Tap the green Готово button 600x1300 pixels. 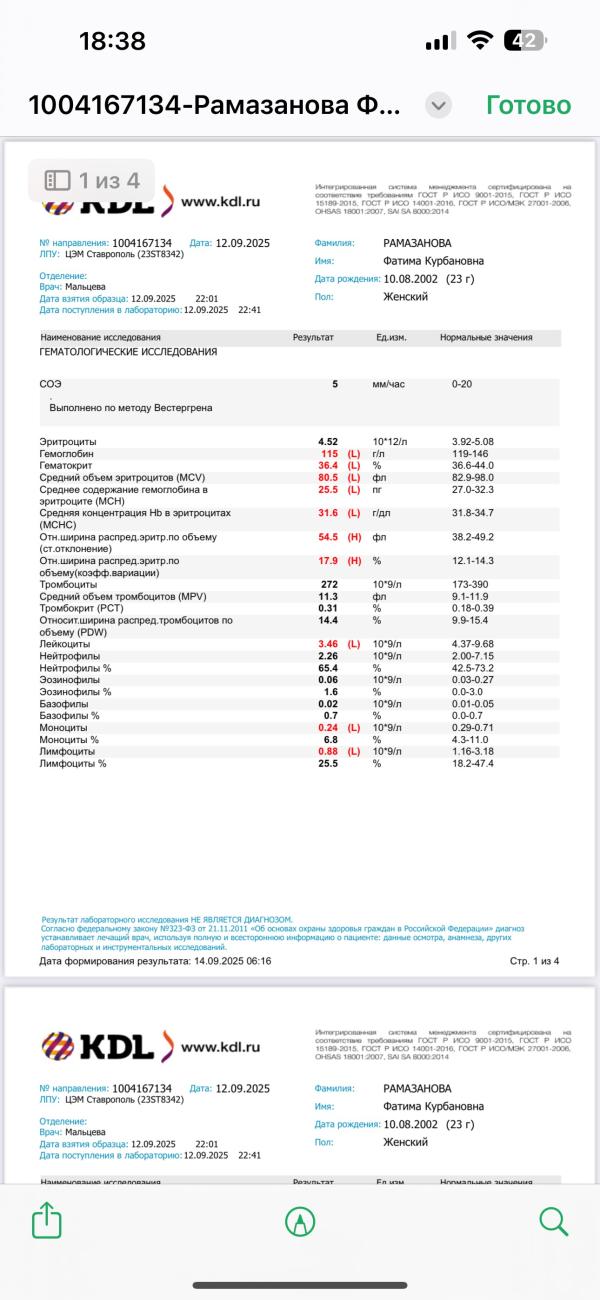point(528,105)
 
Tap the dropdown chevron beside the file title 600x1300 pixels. point(438,105)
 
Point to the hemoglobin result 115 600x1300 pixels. point(328,454)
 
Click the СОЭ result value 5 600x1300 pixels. point(335,384)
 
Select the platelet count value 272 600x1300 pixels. point(328,584)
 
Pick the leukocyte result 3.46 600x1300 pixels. point(328,644)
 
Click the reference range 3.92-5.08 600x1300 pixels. point(473,442)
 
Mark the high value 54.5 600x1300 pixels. point(328,537)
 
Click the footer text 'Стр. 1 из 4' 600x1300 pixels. point(534,961)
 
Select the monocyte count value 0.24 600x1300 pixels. point(328,728)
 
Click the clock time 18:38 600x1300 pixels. point(112,41)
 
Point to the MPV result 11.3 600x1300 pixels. point(328,596)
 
